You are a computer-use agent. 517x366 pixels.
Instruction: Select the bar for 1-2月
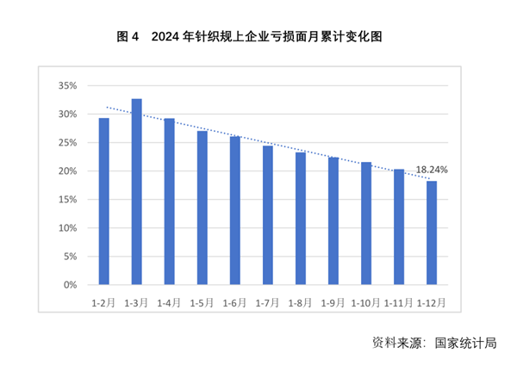click(103, 202)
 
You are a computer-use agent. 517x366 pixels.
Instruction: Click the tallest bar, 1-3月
click(136, 192)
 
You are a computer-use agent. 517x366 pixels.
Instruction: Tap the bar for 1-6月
click(234, 210)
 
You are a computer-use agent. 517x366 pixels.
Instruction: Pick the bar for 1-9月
click(333, 220)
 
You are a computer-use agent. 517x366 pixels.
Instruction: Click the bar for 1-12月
click(432, 233)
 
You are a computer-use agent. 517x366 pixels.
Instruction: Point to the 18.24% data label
click(432, 171)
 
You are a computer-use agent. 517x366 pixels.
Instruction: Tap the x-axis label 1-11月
click(399, 303)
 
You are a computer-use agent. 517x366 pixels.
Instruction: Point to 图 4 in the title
click(128, 37)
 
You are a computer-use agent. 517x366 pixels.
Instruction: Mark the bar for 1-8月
click(301, 218)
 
